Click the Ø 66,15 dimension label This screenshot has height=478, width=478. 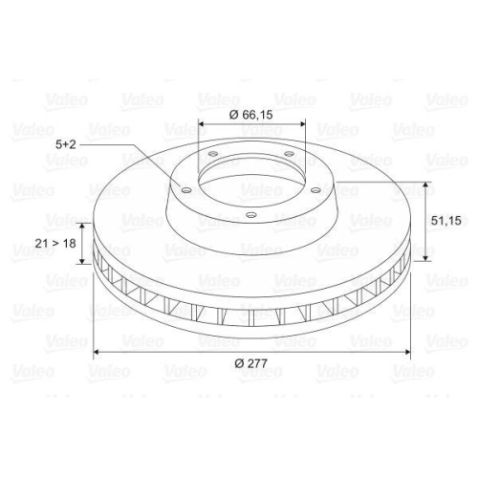click(x=251, y=115)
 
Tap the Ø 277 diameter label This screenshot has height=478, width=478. click(x=251, y=363)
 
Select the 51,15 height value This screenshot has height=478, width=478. click(x=445, y=221)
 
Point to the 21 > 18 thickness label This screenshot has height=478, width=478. click(x=55, y=244)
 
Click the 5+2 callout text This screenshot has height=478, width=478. click(x=66, y=144)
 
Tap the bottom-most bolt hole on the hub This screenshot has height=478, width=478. click(x=251, y=215)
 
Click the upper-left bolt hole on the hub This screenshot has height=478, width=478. click(x=212, y=154)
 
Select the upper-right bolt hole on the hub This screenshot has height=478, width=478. click(x=289, y=154)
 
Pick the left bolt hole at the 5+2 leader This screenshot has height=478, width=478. click(x=186, y=190)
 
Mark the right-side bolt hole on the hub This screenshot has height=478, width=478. click(x=315, y=190)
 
